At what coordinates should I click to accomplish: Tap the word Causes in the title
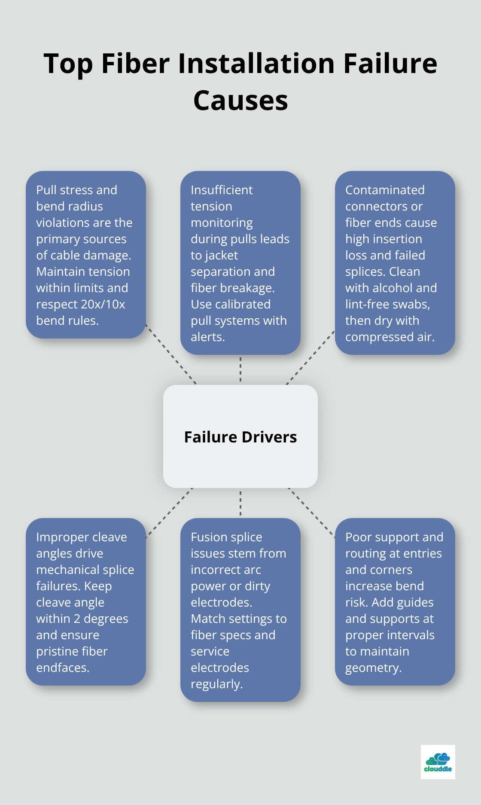(x=240, y=101)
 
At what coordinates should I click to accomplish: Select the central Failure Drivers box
(x=240, y=436)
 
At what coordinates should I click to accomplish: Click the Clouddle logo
(x=438, y=762)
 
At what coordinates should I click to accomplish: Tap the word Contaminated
(x=385, y=190)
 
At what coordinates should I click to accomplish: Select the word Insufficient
(x=222, y=190)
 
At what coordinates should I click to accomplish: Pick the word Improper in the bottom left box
(x=58, y=537)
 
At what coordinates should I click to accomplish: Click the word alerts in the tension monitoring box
(x=207, y=337)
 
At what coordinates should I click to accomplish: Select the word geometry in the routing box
(x=373, y=668)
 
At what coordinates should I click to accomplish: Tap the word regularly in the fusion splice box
(x=216, y=684)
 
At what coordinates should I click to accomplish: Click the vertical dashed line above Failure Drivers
(x=240, y=369)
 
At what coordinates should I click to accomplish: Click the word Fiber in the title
(x=135, y=64)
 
